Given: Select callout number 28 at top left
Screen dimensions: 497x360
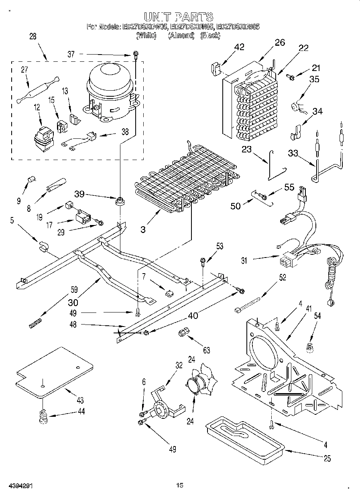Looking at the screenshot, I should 33,36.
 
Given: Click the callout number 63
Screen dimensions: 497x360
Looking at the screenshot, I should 206,350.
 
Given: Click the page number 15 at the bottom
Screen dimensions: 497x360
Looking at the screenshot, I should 179,485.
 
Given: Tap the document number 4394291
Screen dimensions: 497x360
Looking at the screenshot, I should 19,486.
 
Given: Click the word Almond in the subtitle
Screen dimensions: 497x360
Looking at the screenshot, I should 181,36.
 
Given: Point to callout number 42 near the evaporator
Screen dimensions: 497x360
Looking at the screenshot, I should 239,47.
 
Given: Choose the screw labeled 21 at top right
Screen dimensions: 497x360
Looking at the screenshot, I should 291,77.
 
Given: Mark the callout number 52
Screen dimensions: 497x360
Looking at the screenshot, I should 282,277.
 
